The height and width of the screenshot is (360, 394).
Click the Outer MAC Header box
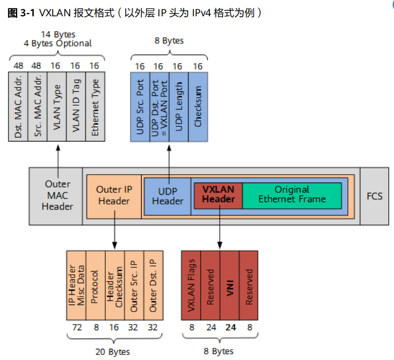[57, 196]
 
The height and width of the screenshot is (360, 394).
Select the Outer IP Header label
[114, 195]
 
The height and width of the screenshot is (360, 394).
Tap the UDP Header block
[168, 196]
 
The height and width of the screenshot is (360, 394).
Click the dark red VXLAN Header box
[218, 195]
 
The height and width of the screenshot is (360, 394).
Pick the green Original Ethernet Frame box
[292, 195]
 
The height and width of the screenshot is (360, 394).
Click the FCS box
[374, 196]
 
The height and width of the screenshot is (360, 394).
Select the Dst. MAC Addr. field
[18, 106]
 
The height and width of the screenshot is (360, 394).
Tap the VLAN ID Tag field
[75, 106]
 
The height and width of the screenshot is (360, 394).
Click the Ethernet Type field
[95, 106]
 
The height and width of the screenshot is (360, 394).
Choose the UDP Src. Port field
[140, 107]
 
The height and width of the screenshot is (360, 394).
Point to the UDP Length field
[179, 107]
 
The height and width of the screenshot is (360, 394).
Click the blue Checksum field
[198, 107]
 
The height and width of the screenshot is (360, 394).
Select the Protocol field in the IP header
[95, 285]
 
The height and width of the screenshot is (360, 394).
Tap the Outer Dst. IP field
[153, 285]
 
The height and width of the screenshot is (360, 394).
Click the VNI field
[230, 285]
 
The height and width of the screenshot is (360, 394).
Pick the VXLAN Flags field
[191, 285]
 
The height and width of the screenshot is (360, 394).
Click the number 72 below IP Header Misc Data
[77, 327]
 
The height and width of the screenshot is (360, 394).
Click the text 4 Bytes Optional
[58, 43]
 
